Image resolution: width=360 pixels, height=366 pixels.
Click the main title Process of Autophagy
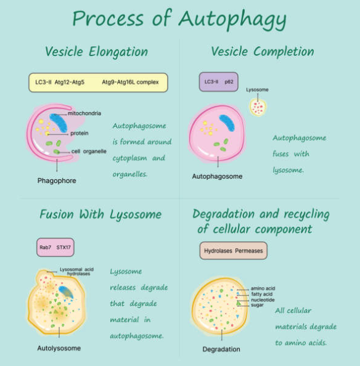179,19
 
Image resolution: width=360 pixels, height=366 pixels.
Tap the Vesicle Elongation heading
96,51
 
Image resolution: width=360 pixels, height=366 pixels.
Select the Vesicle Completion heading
263,51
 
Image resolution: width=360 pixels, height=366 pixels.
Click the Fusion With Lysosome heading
100,214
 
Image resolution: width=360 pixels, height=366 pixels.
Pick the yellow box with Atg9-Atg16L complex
98,83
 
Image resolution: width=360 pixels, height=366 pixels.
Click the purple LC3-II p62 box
219,82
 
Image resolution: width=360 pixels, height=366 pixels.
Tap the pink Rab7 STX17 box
55,247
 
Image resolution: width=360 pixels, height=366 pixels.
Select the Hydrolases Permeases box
234,251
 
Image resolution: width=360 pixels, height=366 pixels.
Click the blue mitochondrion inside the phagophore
59,123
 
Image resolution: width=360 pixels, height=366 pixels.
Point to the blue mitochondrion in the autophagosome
227,123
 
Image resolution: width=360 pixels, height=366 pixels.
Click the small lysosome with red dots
258,107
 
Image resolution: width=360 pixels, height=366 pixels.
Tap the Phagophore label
57,181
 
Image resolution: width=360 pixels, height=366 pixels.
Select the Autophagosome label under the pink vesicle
217,176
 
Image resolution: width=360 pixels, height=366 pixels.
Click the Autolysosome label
59,348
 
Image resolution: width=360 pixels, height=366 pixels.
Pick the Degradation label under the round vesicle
221,349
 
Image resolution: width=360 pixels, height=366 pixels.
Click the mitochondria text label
84,113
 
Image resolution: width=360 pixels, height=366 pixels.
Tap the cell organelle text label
89,151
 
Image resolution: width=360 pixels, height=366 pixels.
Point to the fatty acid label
262,294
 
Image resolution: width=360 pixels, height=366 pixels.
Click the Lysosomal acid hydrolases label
76,272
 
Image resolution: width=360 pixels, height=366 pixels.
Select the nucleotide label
263,299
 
